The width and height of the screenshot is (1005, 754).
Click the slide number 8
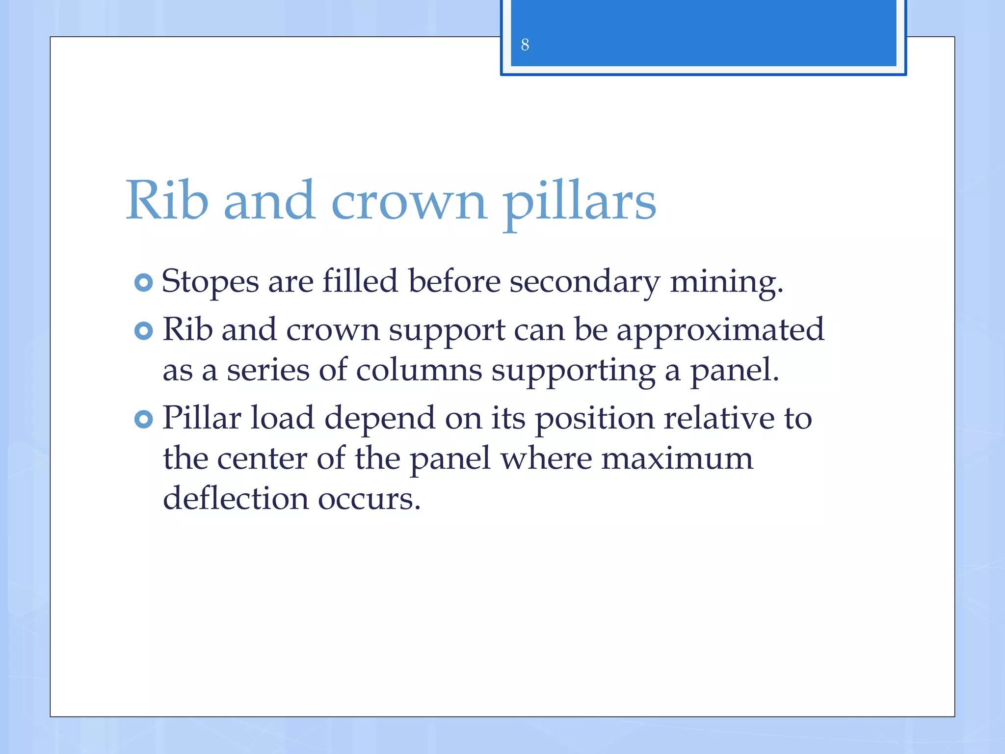[525, 45]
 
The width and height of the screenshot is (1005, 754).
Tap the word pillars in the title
[579, 201]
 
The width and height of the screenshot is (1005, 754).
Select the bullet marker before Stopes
[143, 283]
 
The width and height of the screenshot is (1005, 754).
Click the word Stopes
[210, 282]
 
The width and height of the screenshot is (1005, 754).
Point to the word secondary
[584, 282]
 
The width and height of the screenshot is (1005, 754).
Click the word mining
[726, 282]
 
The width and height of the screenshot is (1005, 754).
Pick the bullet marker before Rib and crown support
[143, 331]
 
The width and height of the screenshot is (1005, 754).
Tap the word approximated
[720, 330]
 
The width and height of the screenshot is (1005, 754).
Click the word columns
[419, 370]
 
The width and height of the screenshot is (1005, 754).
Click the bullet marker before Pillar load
[143, 419]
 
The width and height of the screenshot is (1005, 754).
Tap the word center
[262, 458]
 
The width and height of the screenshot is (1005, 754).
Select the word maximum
[677, 458]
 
